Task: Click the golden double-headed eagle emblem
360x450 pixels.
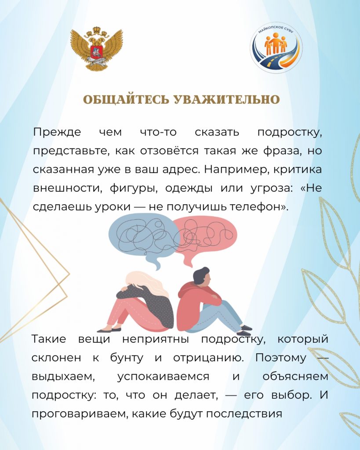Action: pyautogui.click(x=97, y=48)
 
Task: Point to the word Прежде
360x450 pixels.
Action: pyautogui.click(x=57, y=132)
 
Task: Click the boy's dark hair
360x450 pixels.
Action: pyautogui.click(x=201, y=274)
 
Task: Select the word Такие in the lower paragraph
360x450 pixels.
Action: pyautogui.click(x=49, y=339)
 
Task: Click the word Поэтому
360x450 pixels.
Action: pyautogui.click(x=281, y=358)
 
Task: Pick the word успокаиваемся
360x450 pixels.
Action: pyautogui.click(x=164, y=377)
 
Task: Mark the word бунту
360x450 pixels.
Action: pyautogui.click(x=127, y=358)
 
